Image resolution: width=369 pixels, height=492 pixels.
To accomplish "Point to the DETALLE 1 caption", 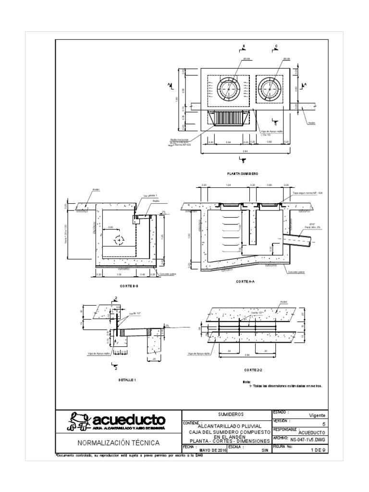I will (x=127, y=380).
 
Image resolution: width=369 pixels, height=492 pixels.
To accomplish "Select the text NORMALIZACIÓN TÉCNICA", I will (x=119, y=443).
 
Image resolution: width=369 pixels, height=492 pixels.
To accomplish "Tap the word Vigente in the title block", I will (x=316, y=415).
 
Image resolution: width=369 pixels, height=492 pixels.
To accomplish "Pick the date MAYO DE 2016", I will (x=211, y=451).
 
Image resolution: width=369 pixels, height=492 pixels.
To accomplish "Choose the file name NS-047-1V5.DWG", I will (x=308, y=439).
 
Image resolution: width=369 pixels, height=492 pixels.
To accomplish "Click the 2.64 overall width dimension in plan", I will (x=245, y=151).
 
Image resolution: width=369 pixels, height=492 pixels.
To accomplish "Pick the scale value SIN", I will (x=264, y=451).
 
